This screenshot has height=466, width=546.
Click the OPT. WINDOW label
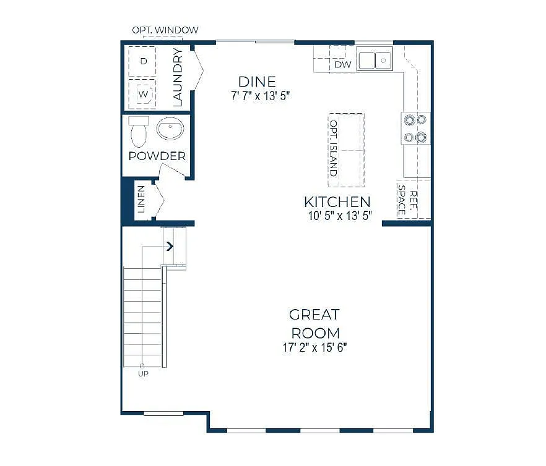[x=165, y=30]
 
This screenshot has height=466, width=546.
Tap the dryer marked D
[x=143, y=61]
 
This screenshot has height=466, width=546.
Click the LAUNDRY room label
[x=178, y=77]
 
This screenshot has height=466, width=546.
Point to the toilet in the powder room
[x=138, y=131]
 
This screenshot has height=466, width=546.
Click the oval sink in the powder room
[x=170, y=130]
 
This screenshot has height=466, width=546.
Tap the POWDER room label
[x=157, y=156]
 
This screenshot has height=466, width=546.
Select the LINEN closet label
[x=141, y=199]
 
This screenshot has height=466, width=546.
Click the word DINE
[x=257, y=82]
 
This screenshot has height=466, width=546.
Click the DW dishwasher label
[x=342, y=64]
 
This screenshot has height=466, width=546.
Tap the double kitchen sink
[x=376, y=60]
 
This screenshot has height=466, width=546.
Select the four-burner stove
[x=416, y=128]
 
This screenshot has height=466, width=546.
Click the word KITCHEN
[x=337, y=201]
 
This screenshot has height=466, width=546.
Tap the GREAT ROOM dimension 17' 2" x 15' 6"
[x=315, y=347]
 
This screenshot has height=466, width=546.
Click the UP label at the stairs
[x=143, y=373]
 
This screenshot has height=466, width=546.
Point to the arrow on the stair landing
[x=170, y=247]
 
